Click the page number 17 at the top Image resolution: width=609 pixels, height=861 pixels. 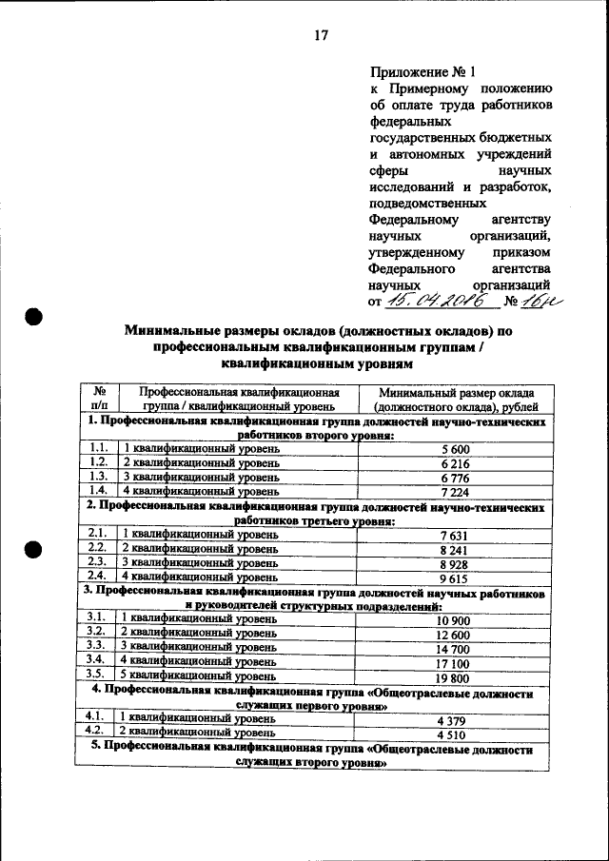[x=321, y=36]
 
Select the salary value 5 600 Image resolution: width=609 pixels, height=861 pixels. [x=456, y=447]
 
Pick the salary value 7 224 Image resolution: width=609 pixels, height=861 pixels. [x=456, y=491]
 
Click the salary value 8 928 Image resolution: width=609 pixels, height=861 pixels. [x=456, y=562]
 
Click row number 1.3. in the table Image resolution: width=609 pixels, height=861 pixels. [x=96, y=477]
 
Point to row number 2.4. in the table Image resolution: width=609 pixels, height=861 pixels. [x=96, y=577]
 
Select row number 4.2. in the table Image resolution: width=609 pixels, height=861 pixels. [x=96, y=733]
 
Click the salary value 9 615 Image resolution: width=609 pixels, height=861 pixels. [x=456, y=577]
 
